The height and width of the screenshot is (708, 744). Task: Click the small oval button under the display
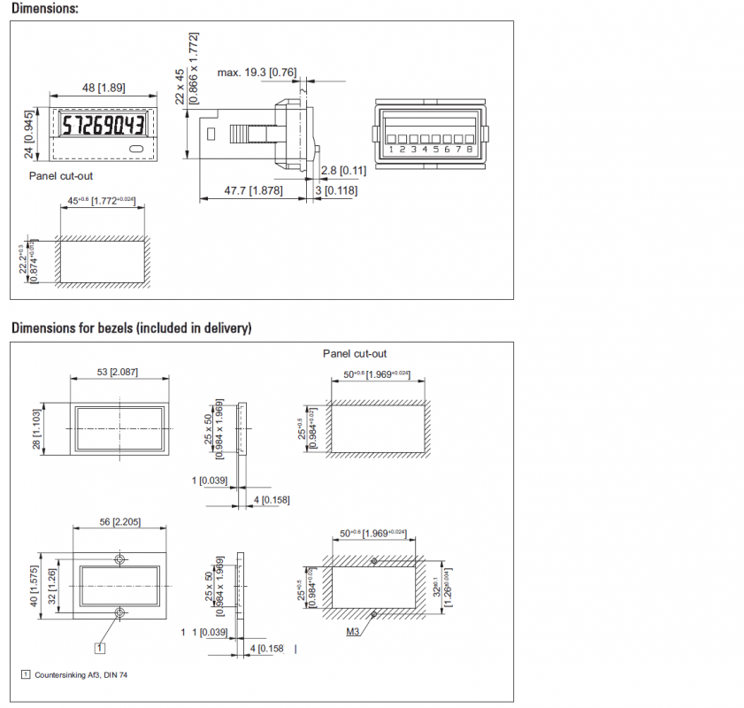point(135,150)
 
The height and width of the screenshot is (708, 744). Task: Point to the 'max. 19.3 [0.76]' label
point(257,71)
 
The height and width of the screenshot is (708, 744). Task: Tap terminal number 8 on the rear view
point(470,150)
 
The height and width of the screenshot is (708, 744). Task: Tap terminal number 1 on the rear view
point(390,150)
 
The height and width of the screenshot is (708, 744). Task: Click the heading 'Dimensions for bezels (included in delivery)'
point(131,328)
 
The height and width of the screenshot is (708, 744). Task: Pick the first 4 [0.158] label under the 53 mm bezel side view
point(272,500)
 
